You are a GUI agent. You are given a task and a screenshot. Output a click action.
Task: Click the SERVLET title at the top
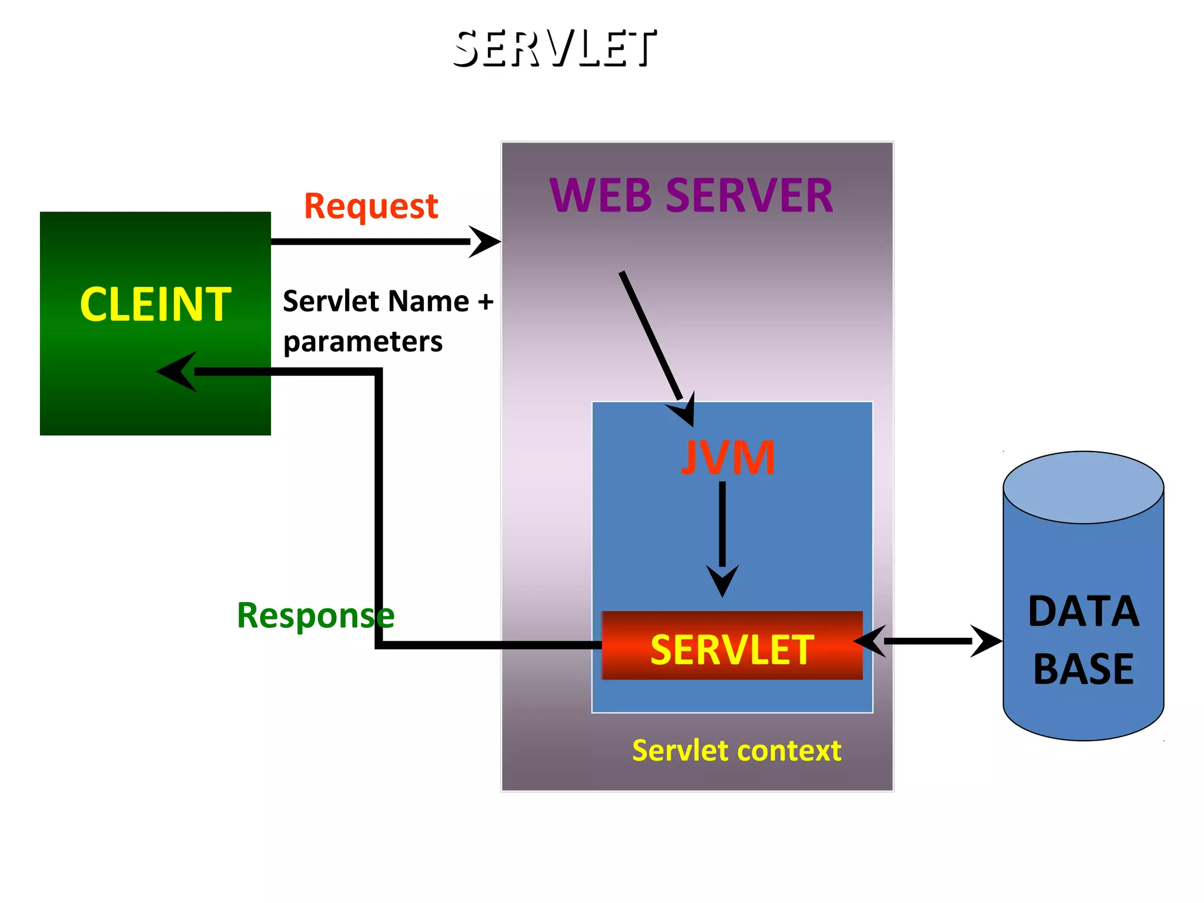click(x=554, y=49)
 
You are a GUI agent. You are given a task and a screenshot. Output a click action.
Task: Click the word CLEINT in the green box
click(x=155, y=305)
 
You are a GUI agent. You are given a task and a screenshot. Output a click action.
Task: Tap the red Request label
click(x=370, y=206)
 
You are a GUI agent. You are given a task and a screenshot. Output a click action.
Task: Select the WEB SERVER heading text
click(x=691, y=195)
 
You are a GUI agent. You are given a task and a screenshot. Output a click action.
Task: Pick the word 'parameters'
click(x=363, y=342)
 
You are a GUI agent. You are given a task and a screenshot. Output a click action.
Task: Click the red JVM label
click(x=728, y=457)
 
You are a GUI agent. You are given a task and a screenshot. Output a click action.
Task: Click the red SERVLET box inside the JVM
click(x=732, y=646)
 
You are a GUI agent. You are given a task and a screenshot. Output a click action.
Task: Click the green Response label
click(x=315, y=616)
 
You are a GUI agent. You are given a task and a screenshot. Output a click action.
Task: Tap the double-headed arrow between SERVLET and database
click(x=927, y=641)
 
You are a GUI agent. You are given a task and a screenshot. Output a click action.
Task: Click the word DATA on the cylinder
click(x=1083, y=612)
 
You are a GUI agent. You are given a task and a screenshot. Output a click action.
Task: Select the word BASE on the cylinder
click(x=1083, y=669)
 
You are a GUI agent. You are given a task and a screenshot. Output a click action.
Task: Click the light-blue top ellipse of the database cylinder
click(x=1083, y=487)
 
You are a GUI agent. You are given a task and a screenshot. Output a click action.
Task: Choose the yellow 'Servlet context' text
click(x=736, y=751)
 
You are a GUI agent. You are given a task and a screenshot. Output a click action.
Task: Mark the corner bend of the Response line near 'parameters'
click(x=379, y=372)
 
